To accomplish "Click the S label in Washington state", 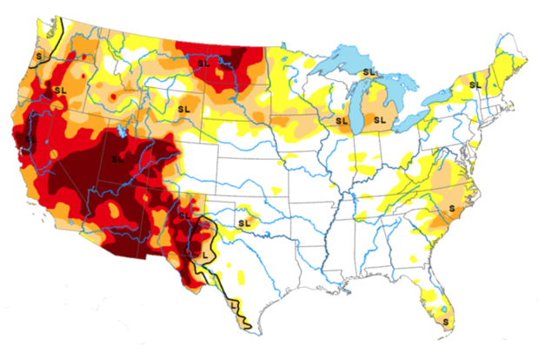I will (38, 57).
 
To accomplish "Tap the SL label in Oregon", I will (59, 89).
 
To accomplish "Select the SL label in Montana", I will (203, 63).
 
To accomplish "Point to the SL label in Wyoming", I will (183, 109).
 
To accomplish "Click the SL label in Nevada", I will (32, 137).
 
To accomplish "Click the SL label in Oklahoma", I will (243, 222).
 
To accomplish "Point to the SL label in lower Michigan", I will (379, 119).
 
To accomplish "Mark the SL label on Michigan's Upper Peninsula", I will (369, 72).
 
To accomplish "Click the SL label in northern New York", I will (475, 84).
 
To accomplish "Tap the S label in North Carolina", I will (451, 210).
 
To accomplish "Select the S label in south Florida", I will (447, 322).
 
